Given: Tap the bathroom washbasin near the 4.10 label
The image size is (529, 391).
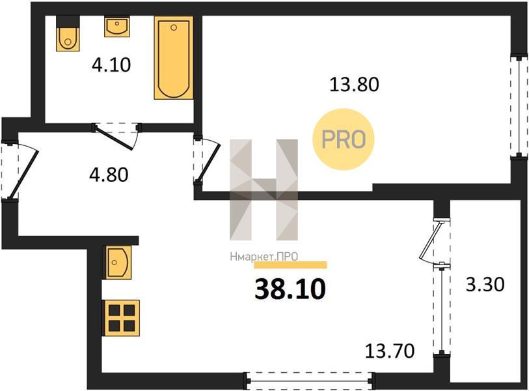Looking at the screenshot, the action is click(116, 27).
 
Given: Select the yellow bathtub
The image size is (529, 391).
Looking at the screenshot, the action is click(174, 58).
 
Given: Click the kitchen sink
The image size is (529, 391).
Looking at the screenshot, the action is click(118, 262).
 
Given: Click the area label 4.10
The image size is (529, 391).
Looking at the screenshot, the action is click(111, 65).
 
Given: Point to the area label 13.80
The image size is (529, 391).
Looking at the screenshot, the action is click(354, 84).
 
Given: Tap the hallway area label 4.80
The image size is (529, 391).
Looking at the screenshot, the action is click(108, 175).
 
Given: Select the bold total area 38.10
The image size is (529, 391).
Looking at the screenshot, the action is click(290, 289).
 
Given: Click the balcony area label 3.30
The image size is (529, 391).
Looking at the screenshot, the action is click(485, 284).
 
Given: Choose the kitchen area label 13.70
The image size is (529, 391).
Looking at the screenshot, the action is click(390, 351).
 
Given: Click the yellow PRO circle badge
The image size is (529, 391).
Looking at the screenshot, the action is click(344, 139).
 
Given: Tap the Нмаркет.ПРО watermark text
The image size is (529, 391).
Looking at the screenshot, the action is click(264, 257).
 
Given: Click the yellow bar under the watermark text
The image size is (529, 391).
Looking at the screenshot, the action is click(290, 265).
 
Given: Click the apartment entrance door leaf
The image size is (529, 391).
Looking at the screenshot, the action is click(23, 174).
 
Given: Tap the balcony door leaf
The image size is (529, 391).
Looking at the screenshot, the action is click(430, 240).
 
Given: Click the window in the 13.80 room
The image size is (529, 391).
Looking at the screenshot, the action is click(519, 106).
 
